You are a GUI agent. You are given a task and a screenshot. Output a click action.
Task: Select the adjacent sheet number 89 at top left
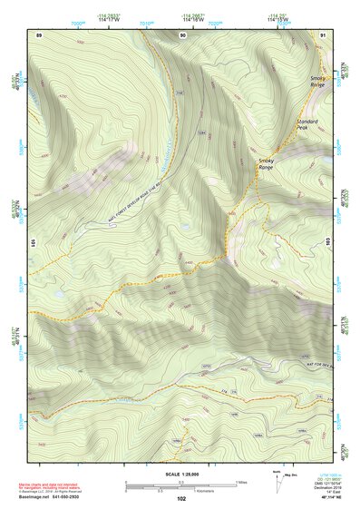39,34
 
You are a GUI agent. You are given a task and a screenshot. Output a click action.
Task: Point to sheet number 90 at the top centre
184,34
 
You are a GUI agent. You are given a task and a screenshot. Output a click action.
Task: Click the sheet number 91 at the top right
323,34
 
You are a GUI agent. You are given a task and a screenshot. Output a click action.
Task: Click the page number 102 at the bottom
181,498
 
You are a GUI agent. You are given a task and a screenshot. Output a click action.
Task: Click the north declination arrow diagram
277,478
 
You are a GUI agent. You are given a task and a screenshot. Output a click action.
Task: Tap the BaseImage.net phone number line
59,496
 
